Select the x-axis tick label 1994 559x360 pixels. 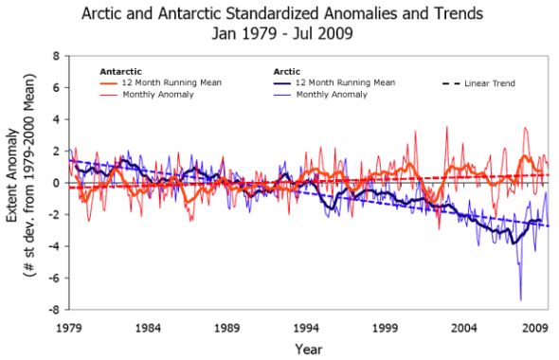(x=306, y=329)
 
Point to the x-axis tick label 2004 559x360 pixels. (x=464, y=329)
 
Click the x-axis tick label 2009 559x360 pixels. (x=536, y=329)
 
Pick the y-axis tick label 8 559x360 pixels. (x=56, y=56)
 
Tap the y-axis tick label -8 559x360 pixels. (x=54, y=310)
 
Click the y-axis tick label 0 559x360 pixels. (x=56, y=183)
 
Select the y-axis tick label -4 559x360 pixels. (x=54, y=246)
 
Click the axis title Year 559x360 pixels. (x=308, y=348)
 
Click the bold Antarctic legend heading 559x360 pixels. (x=120, y=71)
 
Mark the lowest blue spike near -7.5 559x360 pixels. (x=519, y=300)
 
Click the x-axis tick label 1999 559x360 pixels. (x=386, y=329)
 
